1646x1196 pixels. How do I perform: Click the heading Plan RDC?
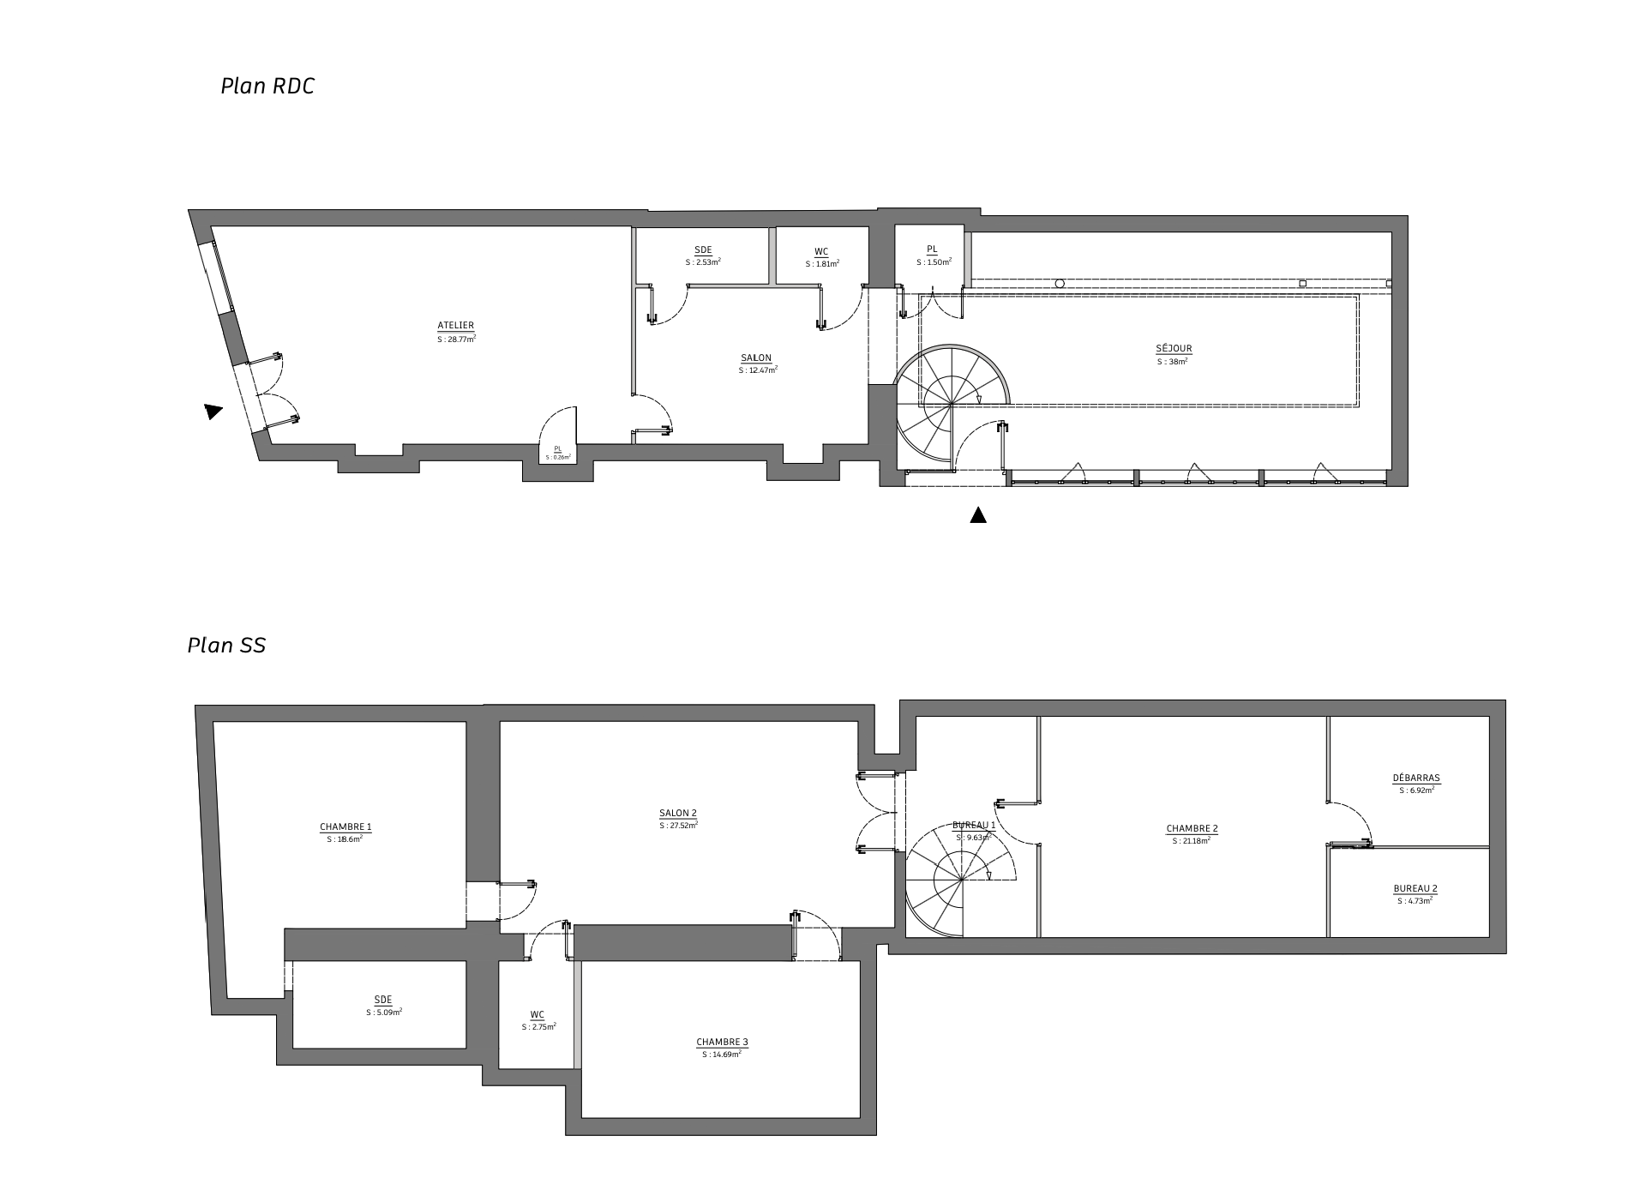[x=267, y=87]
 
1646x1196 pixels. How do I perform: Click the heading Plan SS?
[x=226, y=646]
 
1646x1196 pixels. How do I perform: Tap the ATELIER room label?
[x=455, y=326]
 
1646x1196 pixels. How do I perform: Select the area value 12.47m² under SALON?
[x=758, y=370]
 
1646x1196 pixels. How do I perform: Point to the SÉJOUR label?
[x=1174, y=349]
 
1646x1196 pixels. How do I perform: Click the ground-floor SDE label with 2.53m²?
[x=703, y=250]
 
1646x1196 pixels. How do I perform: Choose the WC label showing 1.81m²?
[x=821, y=252]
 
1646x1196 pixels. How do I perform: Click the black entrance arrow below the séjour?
[x=977, y=515]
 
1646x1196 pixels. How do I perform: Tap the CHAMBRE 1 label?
[x=345, y=827]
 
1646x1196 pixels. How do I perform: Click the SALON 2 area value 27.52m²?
[x=678, y=826]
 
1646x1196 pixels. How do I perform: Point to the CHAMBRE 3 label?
[x=722, y=1043]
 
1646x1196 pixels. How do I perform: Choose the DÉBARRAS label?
[x=1416, y=778]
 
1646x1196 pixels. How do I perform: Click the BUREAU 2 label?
[x=1415, y=889]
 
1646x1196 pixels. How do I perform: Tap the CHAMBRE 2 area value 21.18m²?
[x=1192, y=841]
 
